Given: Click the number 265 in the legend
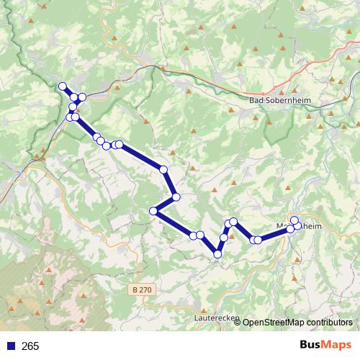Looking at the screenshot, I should click(31, 346).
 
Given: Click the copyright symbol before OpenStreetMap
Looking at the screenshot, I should click(238, 323).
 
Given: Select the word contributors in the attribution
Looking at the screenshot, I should click(329, 323).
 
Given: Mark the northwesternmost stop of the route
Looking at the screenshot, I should click(62, 87).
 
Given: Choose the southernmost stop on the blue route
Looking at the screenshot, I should click(217, 253).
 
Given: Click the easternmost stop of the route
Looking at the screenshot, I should click(297, 226).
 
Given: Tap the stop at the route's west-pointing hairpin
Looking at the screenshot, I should click(153, 211).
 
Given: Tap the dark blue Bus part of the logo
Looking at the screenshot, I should click(312, 346).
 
